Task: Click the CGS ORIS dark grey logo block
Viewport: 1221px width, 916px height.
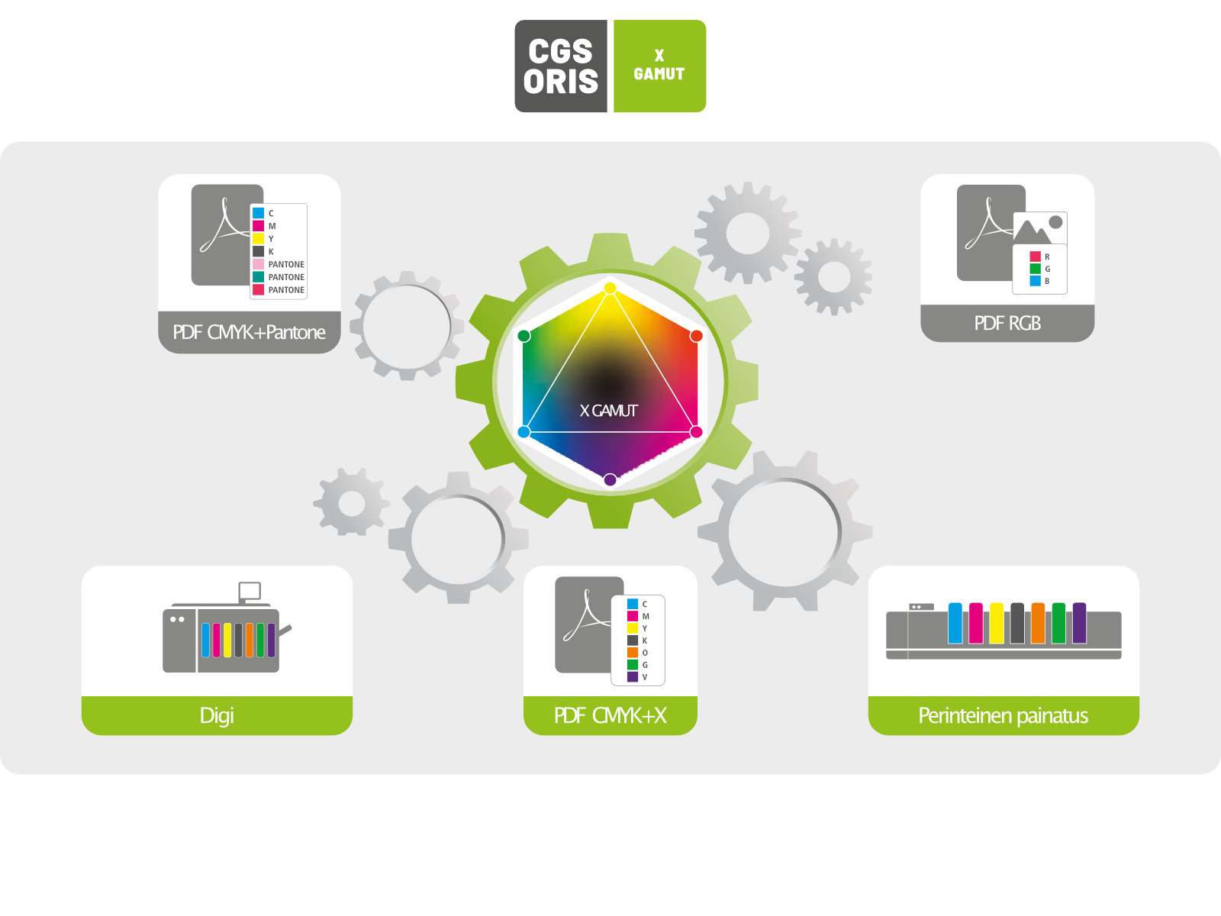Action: point(561,66)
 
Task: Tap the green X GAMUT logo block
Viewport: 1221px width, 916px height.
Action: point(660,66)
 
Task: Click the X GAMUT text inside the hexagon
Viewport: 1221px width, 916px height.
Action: point(608,411)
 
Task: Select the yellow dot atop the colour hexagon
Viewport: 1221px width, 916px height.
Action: point(610,288)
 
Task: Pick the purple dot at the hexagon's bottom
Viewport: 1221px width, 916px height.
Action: point(610,479)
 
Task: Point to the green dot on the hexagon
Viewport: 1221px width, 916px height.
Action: point(524,336)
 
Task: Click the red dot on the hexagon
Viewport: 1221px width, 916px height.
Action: point(697,336)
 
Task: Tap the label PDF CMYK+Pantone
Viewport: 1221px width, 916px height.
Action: point(249,332)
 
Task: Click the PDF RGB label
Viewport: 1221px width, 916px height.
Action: point(1007,323)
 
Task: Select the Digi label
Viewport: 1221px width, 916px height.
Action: point(217,715)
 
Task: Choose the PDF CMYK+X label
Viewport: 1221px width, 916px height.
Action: point(610,715)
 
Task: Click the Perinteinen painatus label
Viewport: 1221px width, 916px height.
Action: point(1003,715)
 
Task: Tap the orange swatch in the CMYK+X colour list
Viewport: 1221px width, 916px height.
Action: point(633,653)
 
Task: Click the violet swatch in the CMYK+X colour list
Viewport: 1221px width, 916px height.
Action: point(633,677)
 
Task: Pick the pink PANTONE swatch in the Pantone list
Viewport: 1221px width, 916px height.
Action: point(258,264)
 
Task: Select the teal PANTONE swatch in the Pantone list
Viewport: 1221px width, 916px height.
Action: point(258,277)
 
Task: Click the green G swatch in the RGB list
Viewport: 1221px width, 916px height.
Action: point(1036,269)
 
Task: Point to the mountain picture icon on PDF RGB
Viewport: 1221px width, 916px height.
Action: point(1039,228)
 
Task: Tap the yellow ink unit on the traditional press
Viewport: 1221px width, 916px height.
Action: point(997,623)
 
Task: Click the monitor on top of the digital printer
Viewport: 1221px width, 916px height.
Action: point(250,591)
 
